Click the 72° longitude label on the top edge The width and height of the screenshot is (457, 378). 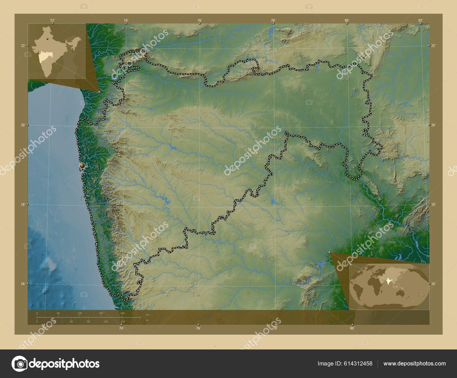pyautogui.click(x=52, y=20)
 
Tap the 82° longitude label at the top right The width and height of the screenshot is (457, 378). pyautogui.click(x=420, y=20)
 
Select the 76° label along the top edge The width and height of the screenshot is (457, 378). pyautogui.click(x=199, y=20)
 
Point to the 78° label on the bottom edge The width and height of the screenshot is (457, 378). pyautogui.click(x=275, y=328)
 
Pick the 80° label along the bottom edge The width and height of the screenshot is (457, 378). pyautogui.click(x=352, y=328)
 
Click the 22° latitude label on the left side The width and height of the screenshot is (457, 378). pyautogui.click(x=23, y=46)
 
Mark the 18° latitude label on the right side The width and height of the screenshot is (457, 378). pyautogui.click(x=433, y=204)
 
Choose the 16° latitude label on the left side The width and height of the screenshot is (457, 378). pyautogui.click(x=23, y=283)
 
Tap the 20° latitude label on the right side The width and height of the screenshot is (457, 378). pyautogui.click(x=433, y=125)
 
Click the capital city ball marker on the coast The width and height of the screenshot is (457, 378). pyautogui.click(x=82, y=166)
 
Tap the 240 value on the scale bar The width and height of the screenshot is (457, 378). pyautogui.click(x=122, y=313)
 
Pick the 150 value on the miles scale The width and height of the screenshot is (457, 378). pyautogui.click(x=123, y=321)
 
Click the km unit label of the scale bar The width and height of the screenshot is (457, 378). pyautogui.click(x=147, y=314)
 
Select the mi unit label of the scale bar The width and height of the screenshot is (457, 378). pyautogui.click(x=147, y=320)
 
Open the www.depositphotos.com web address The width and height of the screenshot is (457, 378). pyautogui.click(x=414, y=363)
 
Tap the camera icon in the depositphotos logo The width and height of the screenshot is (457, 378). pyautogui.click(x=19, y=364)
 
